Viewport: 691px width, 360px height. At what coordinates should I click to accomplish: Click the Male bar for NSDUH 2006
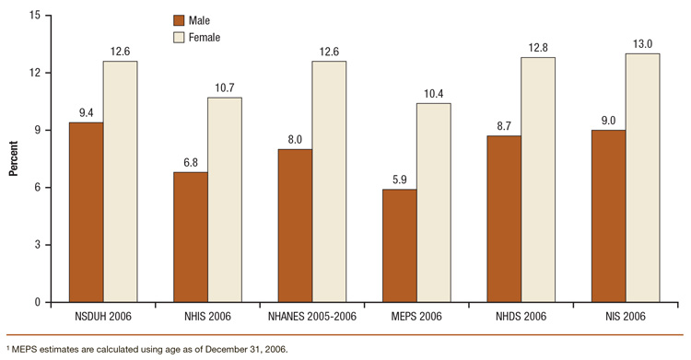(85, 212)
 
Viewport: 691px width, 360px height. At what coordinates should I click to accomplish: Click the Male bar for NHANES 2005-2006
(294, 226)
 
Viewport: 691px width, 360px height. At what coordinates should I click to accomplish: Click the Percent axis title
(14, 158)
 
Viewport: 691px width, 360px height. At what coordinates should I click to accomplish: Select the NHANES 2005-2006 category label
(311, 318)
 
